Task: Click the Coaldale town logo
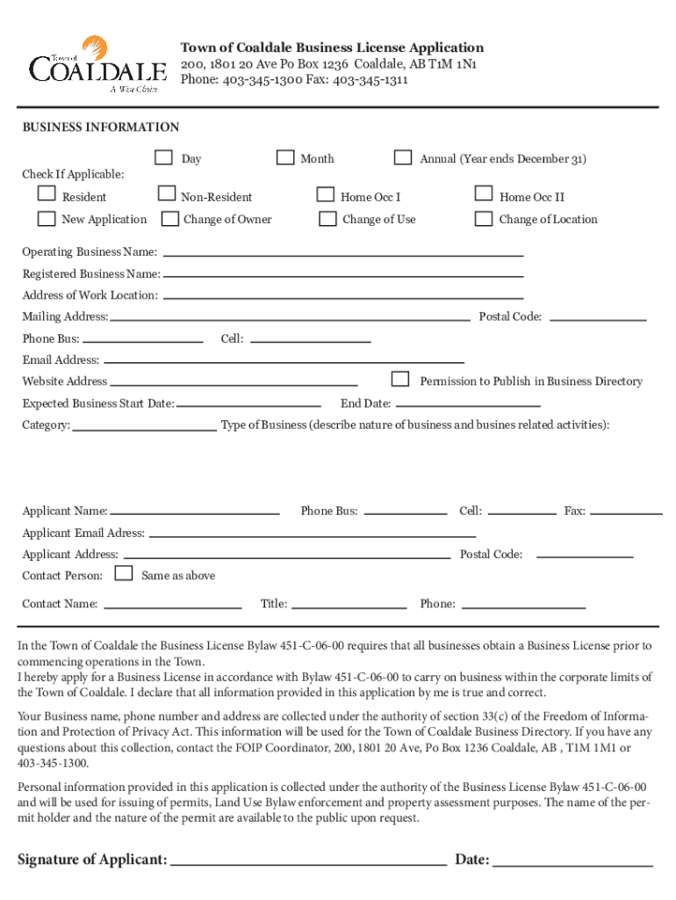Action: click(x=97, y=64)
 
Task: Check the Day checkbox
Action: click(x=163, y=157)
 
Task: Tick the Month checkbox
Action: click(x=285, y=157)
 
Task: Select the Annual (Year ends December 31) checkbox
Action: click(x=403, y=157)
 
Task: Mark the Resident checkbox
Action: click(x=47, y=194)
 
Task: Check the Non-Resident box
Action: click(x=166, y=194)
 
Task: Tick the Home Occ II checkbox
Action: click(x=483, y=194)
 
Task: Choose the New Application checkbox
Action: click(x=47, y=218)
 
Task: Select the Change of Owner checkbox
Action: click(x=166, y=218)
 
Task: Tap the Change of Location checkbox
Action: click(x=483, y=218)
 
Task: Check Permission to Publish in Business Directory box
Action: click(x=400, y=379)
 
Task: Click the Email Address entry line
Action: click(x=283, y=361)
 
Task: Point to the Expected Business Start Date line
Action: click(x=249, y=405)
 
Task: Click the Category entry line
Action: click(x=145, y=430)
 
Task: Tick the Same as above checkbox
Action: click(x=125, y=574)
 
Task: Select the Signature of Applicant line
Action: click(x=309, y=865)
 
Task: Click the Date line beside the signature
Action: click(x=573, y=865)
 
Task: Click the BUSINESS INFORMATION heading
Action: click(x=101, y=127)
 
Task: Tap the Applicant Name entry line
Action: click(x=195, y=512)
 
